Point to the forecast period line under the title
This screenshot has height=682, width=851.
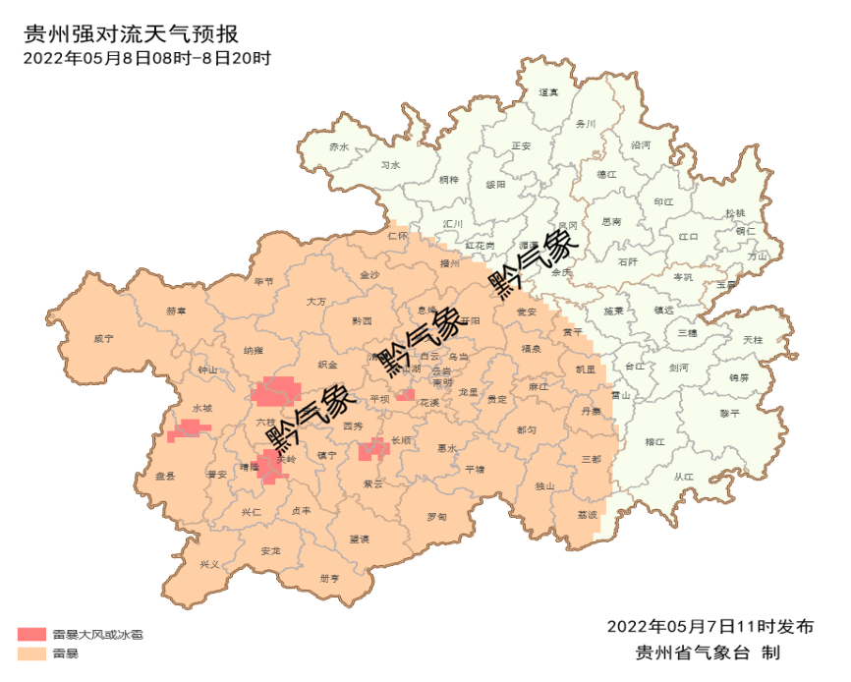(x=146, y=58)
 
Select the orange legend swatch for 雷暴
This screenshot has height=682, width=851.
(x=31, y=653)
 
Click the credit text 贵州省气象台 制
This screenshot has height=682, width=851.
(x=708, y=653)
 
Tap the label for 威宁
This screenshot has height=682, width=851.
(x=104, y=338)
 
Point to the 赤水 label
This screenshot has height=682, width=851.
(x=339, y=146)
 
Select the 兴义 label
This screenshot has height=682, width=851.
(x=209, y=564)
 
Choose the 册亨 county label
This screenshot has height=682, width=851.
(x=329, y=579)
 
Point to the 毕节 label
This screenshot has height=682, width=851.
(x=264, y=281)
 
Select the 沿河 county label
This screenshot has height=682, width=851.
(x=641, y=144)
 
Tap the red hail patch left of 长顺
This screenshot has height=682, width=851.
(x=372, y=450)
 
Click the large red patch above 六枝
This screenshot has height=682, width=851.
(x=275, y=390)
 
